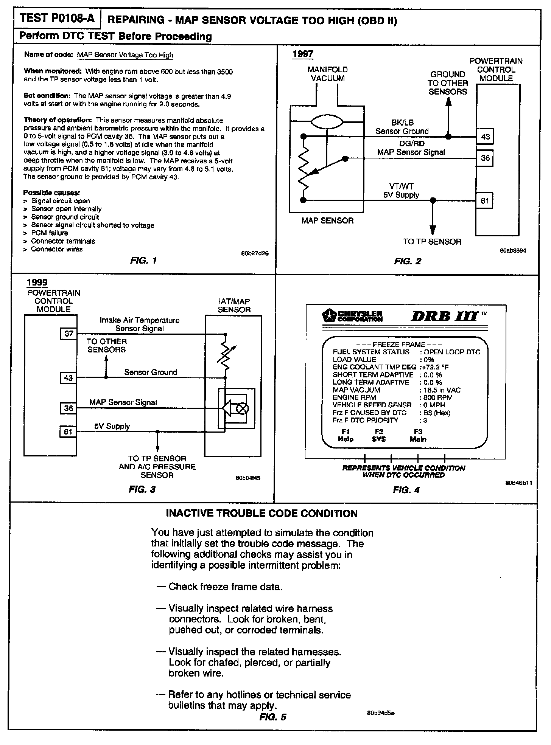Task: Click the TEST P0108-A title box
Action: click(57, 19)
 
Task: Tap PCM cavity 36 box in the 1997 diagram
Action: click(485, 158)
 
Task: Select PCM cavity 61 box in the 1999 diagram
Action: click(68, 431)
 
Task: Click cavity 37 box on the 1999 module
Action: click(68, 333)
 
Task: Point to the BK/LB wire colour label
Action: click(402, 123)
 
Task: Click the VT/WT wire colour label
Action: click(401, 186)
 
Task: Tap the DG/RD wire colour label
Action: click(412, 144)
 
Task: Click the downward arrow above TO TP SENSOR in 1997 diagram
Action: click(433, 229)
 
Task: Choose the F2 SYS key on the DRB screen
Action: click(379, 435)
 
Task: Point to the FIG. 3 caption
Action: click(142, 489)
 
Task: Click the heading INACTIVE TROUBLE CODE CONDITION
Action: click(262, 513)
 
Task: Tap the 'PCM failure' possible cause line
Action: click(49, 233)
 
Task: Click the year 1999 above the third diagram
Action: click(37, 282)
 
